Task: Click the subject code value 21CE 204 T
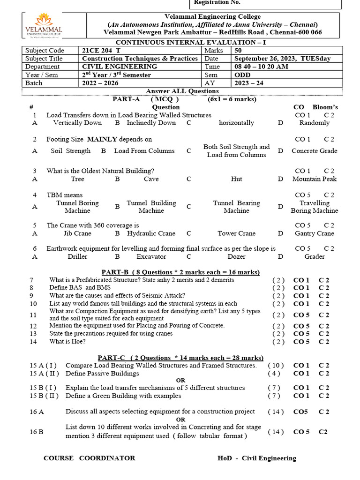(100, 51)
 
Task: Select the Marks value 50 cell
(238, 51)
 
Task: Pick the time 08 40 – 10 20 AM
(261, 67)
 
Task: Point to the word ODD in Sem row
(242, 75)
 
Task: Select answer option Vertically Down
(77, 123)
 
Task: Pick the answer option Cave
(151, 179)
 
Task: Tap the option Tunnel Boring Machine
(77, 207)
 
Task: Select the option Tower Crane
(236, 233)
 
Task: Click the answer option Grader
(314, 257)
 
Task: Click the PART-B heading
(180, 272)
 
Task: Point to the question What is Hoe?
(67, 342)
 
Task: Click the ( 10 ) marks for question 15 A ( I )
(276, 366)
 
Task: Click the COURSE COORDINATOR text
(89, 458)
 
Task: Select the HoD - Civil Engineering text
(257, 458)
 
